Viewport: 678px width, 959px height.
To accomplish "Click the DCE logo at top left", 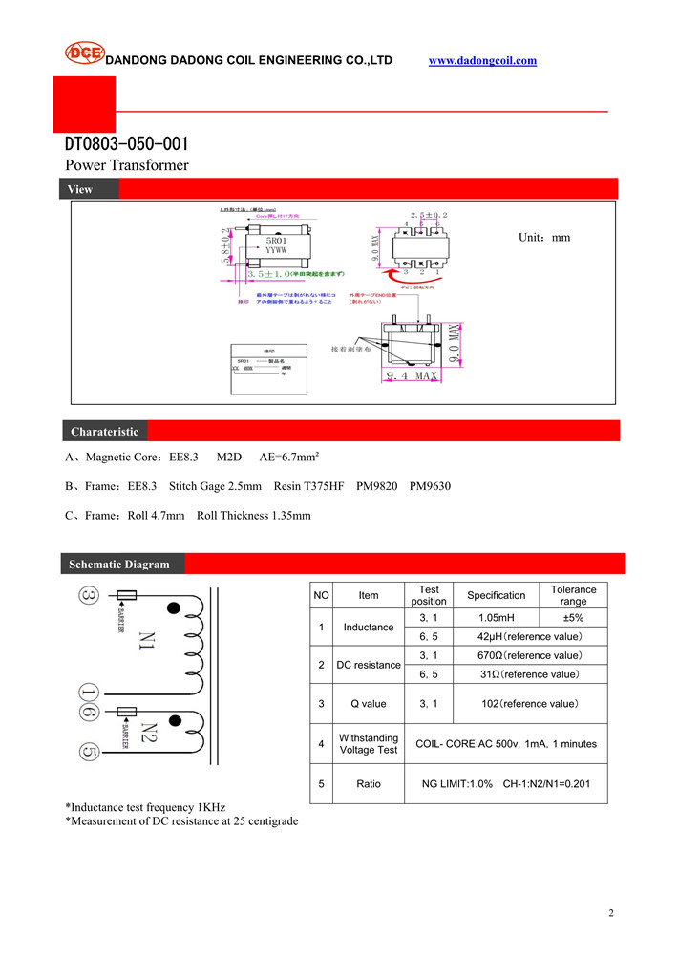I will [83, 53].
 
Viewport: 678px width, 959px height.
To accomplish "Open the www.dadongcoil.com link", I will [482, 60].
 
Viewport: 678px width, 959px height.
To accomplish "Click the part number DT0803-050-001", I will [126, 144].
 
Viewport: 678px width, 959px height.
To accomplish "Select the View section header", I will [80, 189].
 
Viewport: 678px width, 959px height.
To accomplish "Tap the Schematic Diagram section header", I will [118, 564].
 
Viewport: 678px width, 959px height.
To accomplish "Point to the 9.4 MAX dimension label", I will [412, 376].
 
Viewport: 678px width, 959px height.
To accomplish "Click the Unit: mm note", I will [543, 237].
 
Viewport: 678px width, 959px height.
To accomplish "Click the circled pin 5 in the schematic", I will [88, 751].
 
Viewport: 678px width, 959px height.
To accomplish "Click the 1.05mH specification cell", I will [496, 618].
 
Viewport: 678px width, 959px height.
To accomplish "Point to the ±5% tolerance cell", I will [573, 618].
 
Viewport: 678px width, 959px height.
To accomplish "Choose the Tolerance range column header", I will [573, 595].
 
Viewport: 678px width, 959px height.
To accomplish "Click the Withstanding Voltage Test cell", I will [369, 743].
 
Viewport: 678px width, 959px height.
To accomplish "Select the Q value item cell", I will [369, 704].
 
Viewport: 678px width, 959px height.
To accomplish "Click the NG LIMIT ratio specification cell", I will [507, 783].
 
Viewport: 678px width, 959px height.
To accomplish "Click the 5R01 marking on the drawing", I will [278, 242].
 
